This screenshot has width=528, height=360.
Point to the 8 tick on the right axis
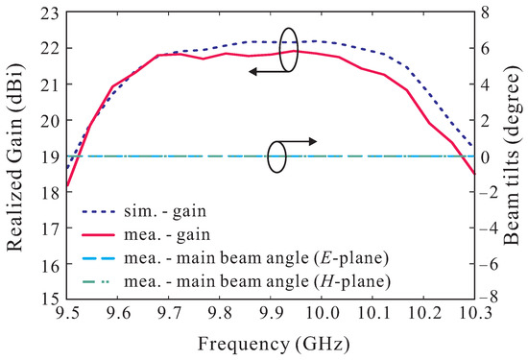tap(488, 12)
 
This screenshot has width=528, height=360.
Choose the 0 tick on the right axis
tap(488, 156)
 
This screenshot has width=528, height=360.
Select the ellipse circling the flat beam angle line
tap(277, 156)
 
